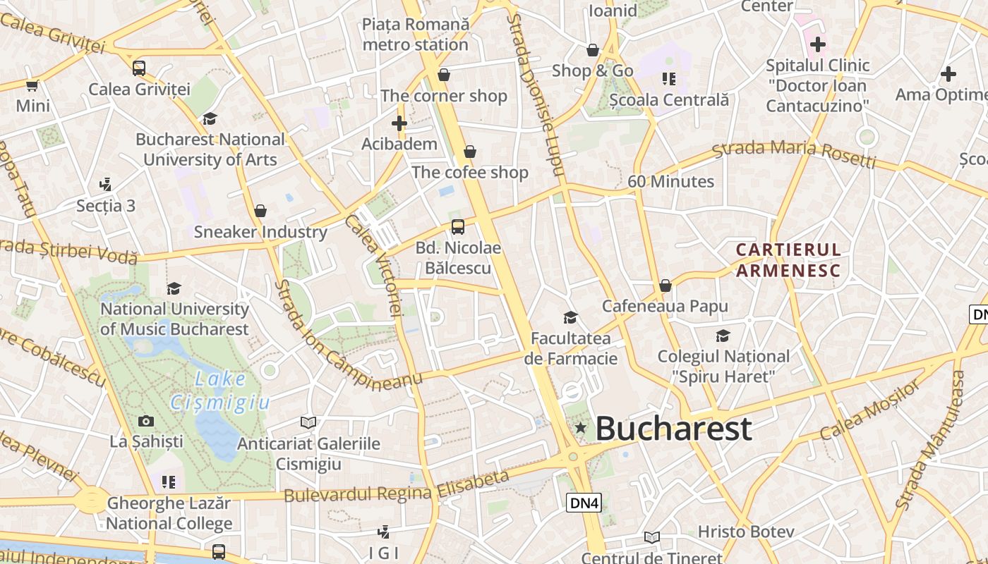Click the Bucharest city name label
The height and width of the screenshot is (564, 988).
pos(673,429)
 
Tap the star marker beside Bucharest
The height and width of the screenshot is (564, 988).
pos(581,427)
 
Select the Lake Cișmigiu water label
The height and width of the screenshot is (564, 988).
pos(219,391)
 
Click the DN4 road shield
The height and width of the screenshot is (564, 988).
pos(584,503)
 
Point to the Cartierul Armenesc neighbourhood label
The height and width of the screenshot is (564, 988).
pos(788,259)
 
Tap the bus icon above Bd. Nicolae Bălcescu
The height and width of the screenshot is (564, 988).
pos(458,226)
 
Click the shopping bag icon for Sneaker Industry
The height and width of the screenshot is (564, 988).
pos(260,210)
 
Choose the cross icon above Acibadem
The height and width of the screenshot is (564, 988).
pos(399,123)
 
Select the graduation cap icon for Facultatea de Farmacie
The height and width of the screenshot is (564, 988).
pos(570,317)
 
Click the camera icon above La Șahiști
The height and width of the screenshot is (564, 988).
pos(146,421)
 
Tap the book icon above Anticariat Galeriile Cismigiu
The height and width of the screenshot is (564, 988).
pos(308,422)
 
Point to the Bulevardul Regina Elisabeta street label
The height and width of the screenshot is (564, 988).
pos(396,487)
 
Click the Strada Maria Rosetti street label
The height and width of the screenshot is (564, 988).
pos(793,154)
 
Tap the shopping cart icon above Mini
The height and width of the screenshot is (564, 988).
pos(32,86)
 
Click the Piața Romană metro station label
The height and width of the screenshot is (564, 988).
pos(415,34)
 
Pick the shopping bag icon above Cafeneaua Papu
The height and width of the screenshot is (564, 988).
pos(665,286)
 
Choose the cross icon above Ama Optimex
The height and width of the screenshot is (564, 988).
pos(948,73)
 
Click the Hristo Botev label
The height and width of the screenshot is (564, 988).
pos(746,532)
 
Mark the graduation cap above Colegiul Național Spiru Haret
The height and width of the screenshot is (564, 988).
pos(723,336)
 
